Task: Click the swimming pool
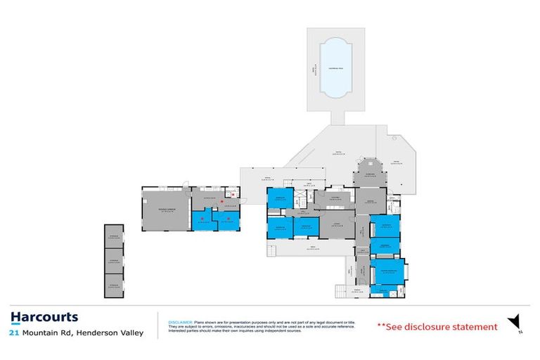click(335, 68)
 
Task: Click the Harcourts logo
click(44, 317)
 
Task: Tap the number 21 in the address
click(13, 333)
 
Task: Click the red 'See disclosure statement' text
click(437, 327)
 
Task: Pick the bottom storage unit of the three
click(114, 284)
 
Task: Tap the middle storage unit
click(114, 260)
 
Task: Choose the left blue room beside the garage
click(205, 221)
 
